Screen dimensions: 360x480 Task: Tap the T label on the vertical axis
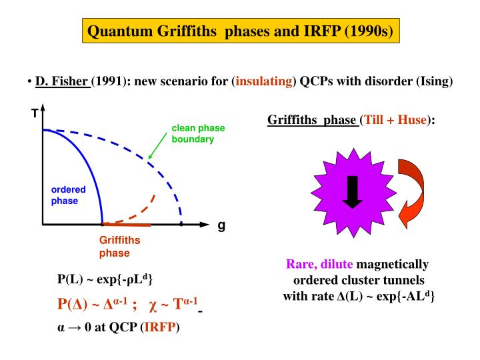coord(33,114)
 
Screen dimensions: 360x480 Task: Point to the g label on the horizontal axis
coord(221,225)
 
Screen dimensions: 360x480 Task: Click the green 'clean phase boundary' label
coord(198,134)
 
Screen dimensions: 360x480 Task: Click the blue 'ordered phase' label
coord(68,194)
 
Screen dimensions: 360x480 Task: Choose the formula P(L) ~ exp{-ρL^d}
coord(106,279)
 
